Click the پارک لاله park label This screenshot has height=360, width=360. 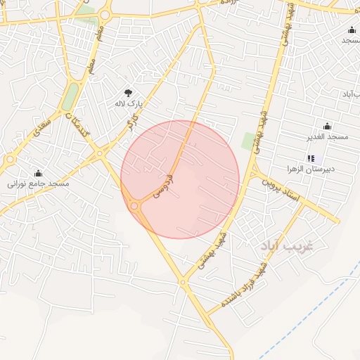[129, 103]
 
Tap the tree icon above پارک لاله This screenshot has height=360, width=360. [128, 92]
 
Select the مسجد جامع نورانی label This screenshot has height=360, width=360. [38, 184]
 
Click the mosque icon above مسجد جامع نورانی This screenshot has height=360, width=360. [38, 173]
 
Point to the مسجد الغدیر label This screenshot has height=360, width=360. [327, 136]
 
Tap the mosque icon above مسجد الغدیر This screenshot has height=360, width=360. [327, 127]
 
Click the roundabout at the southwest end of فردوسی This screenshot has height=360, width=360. [134, 205]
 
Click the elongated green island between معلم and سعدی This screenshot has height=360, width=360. [71, 97]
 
